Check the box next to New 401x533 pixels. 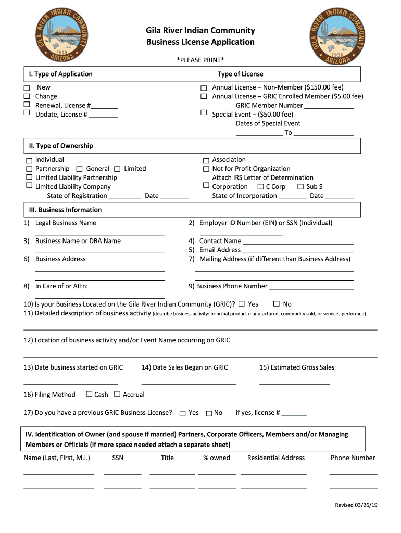point(27,88)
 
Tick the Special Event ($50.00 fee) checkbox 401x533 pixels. point(204,113)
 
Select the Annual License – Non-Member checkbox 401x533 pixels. point(204,87)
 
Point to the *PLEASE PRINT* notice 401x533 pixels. point(200,60)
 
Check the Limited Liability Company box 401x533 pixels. point(29,186)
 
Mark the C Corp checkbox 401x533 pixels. point(260,187)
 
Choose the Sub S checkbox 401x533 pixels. point(300,187)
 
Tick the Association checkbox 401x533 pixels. point(206,160)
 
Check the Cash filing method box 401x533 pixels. point(89,394)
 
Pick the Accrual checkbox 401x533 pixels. point(117,394)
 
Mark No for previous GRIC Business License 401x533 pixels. point(209,413)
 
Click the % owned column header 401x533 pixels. point(217,458)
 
